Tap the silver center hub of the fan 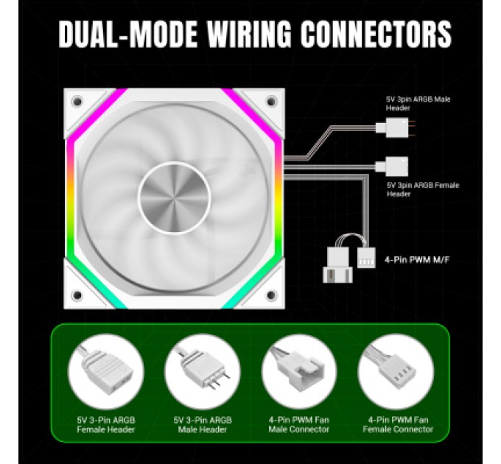[175, 195]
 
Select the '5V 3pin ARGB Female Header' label [422, 189]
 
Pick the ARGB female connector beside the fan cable [390, 165]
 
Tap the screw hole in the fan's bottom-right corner [270, 295]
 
